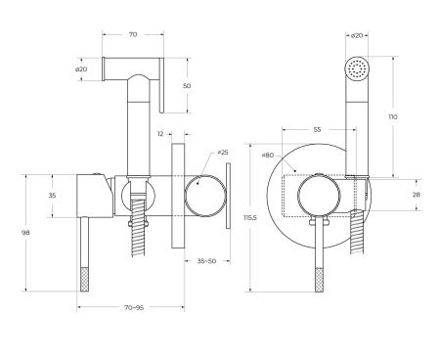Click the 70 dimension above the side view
133,34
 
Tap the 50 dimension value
187,86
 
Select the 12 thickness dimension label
160,134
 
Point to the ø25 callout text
223,153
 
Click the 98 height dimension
25,233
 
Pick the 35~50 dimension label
206,261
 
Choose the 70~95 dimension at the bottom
134,307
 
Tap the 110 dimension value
393,116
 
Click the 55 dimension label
317,130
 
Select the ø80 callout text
268,156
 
